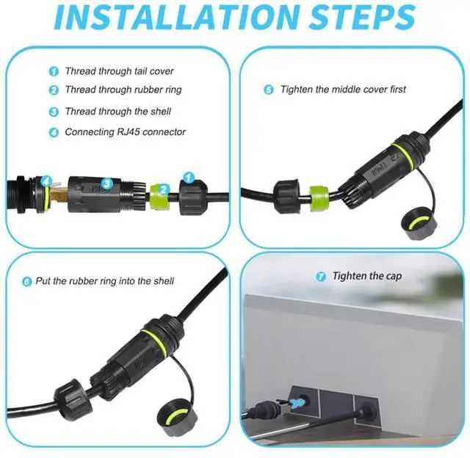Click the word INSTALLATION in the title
(x=174, y=18)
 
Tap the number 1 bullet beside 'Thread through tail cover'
(x=54, y=72)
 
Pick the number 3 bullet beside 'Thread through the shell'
(x=54, y=112)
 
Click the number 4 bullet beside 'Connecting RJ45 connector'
(x=54, y=133)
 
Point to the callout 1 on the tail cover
(x=188, y=178)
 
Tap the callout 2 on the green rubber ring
(x=164, y=189)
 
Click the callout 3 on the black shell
(x=106, y=183)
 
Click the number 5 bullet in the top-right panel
(x=269, y=90)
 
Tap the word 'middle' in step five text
(x=347, y=90)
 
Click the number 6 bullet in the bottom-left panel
(x=27, y=281)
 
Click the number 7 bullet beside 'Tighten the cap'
(x=321, y=277)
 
